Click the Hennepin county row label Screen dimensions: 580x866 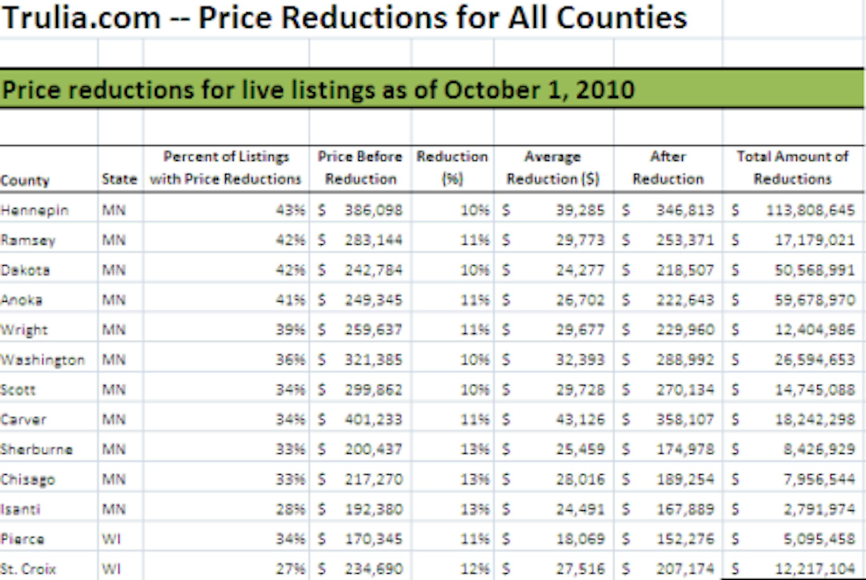coord(34,210)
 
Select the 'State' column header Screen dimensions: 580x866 coord(119,179)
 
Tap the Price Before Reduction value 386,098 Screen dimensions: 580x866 coord(373,210)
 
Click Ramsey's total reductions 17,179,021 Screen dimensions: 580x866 coord(815,240)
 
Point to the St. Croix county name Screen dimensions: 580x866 coord(28,569)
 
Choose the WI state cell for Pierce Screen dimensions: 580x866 coord(111,539)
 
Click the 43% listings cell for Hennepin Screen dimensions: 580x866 coord(290,210)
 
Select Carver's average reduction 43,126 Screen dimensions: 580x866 coord(580,419)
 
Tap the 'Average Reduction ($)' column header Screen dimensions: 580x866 coord(553,168)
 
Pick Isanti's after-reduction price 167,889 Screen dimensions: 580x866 coord(685,509)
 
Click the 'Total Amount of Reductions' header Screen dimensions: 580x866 coord(793,168)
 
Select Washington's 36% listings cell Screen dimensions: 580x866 coord(290,360)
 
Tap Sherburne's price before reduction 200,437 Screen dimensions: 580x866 coord(373,449)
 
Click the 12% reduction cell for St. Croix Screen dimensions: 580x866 coord(475,569)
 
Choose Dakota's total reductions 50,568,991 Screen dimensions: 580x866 coord(815,270)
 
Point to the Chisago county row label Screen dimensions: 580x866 coord(28,479)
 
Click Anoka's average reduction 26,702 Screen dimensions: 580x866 coord(580,300)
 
